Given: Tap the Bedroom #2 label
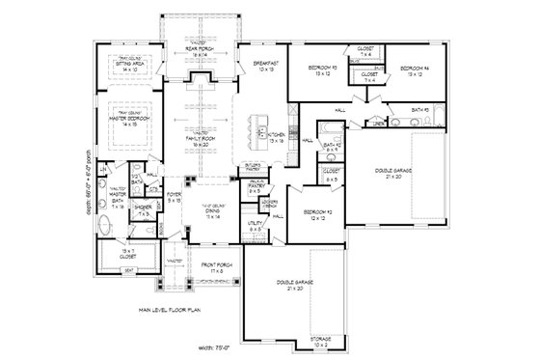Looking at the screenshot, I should (x=317, y=213).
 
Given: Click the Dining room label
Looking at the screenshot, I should (x=225, y=216).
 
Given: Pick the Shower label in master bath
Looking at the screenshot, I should (x=141, y=209).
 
